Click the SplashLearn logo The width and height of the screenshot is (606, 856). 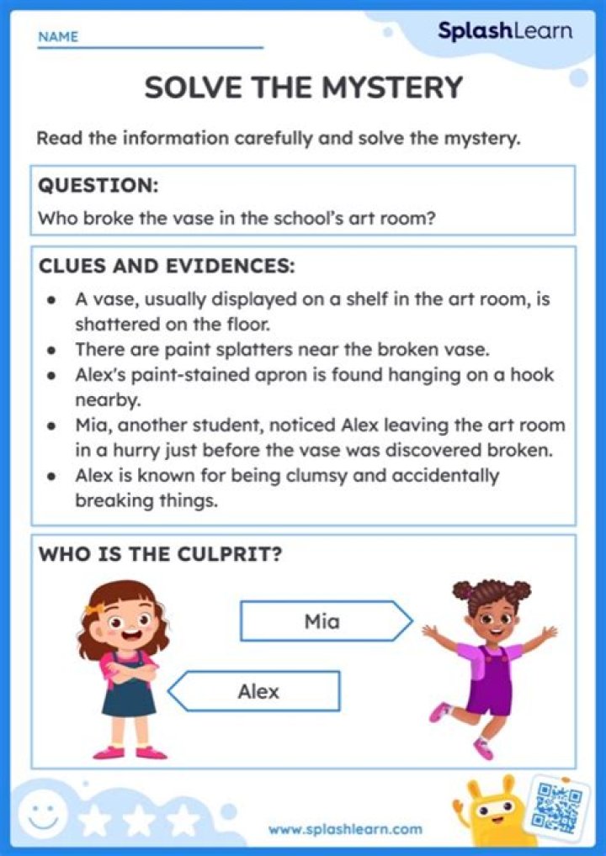[x=504, y=32]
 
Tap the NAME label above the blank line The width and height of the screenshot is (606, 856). [x=58, y=37]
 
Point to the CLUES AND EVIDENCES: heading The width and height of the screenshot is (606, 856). [x=167, y=267]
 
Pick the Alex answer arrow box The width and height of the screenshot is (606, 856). [x=257, y=691]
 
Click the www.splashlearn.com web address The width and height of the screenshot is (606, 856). [x=345, y=829]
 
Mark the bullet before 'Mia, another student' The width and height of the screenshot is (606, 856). [x=52, y=426]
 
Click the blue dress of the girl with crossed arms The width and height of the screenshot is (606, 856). [x=129, y=698]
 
